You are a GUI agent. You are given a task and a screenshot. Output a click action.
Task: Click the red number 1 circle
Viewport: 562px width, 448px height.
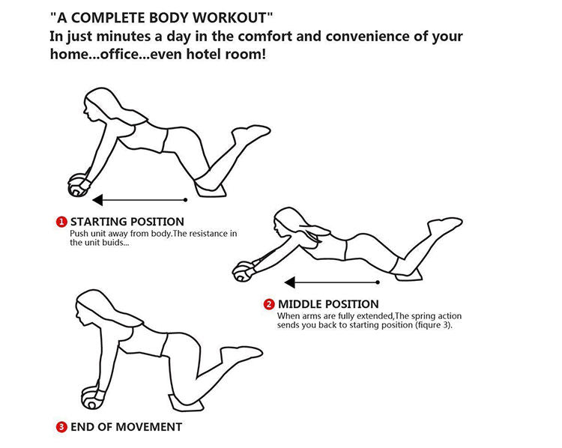tap(61, 222)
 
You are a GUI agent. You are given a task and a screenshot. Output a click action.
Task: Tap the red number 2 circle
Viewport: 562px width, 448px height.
tap(269, 304)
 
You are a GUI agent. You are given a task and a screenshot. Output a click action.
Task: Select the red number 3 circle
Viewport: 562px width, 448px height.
tap(61, 427)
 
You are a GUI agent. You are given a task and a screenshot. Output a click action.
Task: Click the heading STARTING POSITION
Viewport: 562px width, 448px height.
tap(127, 222)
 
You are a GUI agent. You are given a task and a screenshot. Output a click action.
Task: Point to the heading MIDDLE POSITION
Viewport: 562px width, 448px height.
tap(328, 304)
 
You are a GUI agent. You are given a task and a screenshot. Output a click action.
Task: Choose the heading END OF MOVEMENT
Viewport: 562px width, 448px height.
tap(126, 427)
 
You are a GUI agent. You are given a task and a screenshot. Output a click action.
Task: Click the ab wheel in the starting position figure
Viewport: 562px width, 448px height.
tap(77, 185)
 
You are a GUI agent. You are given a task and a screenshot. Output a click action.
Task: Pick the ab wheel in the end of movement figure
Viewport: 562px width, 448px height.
tap(91, 398)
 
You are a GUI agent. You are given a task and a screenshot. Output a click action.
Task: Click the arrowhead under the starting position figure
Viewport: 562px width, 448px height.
tap(97, 200)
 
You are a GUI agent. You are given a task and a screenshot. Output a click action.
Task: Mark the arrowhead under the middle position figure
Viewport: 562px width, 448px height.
tap(289, 282)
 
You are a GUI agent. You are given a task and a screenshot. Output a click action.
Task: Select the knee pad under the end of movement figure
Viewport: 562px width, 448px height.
tap(186, 402)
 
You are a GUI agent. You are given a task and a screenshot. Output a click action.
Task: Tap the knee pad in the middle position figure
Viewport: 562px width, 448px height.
tap(409, 275)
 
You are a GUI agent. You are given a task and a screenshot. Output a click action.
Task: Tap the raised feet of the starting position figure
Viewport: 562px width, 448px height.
tap(250, 133)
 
